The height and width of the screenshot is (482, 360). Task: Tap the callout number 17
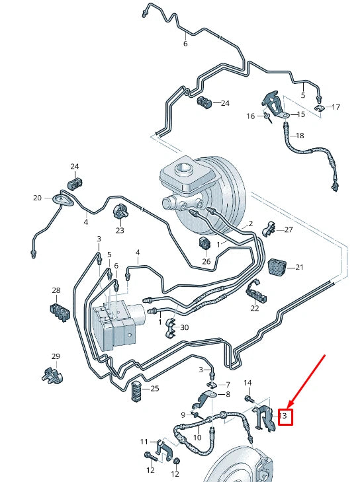point(336,107)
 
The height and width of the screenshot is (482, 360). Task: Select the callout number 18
point(300,136)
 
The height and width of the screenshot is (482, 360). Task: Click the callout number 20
point(37,198)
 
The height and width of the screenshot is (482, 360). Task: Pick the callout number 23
point(120,231)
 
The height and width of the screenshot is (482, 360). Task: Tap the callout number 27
point(288,229)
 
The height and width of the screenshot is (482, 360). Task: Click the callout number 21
point(299,267)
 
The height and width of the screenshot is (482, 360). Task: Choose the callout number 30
point(185,328)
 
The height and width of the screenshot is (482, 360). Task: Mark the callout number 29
point(56,356)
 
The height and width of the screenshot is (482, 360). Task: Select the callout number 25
point(155,389)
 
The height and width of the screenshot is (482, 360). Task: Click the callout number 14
point(248,383)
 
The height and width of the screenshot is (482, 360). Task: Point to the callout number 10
point(197,438)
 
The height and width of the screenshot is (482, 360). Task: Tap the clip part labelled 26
point(205,245)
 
